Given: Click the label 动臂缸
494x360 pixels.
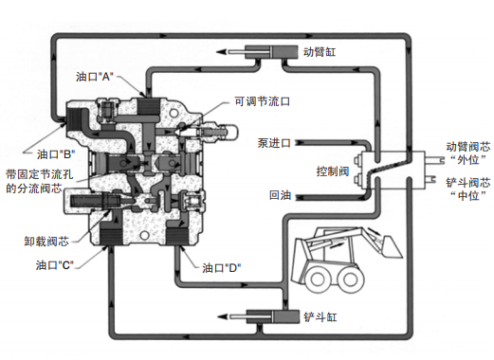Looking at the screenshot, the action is click(320, 52).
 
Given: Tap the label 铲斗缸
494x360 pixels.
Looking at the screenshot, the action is click(320, 316).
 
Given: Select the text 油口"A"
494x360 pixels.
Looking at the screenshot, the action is click(94, 77).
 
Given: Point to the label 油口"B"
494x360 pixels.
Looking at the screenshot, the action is click(56, 154).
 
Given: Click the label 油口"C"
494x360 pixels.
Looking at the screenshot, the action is click(55, 265).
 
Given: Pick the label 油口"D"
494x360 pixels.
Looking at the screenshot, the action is click(222, 268).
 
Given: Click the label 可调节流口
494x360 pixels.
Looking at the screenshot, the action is click(262, 101).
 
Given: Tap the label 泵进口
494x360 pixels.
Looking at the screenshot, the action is click(274, 143).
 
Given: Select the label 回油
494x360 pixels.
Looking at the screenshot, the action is click(280, 195).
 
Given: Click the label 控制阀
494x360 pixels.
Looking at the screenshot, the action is click(333, 171).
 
